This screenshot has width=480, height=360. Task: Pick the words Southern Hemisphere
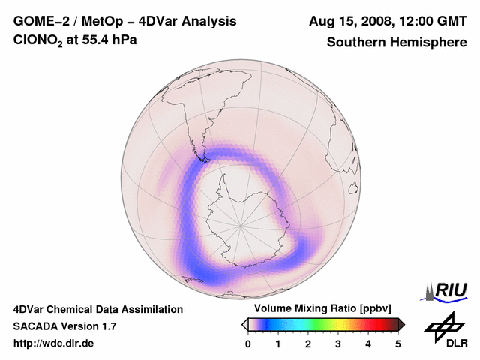(397, 42)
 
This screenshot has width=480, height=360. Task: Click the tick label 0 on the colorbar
(248, 343)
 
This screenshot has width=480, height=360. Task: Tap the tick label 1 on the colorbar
(278, 343)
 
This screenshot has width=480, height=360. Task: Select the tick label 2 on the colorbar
(308, 343)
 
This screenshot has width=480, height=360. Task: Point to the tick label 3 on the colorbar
(338, 343)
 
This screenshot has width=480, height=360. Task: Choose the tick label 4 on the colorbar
(368, 343)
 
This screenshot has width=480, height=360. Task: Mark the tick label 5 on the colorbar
(398, 343)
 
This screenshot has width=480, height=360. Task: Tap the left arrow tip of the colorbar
(244, 324)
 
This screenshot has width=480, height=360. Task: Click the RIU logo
(447, 290)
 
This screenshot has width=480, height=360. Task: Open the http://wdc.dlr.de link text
(54, 343)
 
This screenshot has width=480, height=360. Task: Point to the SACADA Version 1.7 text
(64, 326)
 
